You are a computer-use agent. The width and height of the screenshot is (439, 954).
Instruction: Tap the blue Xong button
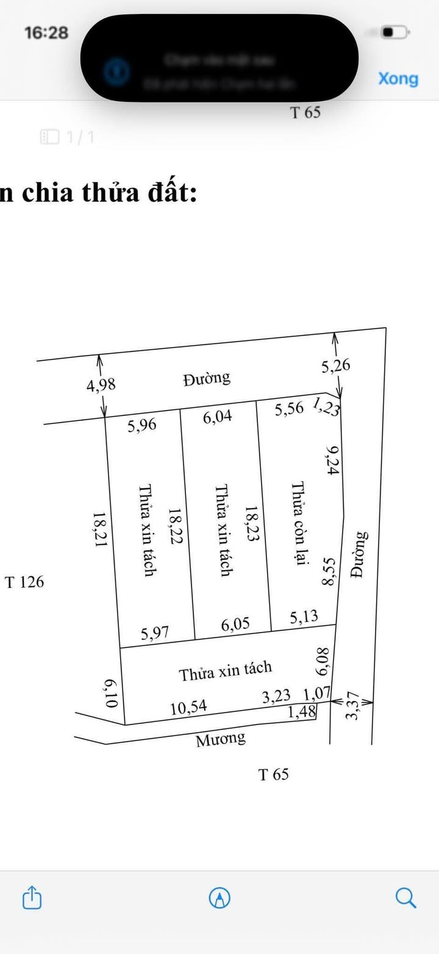tap(398, 79)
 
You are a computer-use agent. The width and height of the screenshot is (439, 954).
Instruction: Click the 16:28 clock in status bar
tap(46, 32)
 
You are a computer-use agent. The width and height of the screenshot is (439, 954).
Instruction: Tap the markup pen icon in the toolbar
tap(220, 897)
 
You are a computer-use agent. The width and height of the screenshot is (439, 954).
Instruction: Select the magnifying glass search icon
tap(405, 897)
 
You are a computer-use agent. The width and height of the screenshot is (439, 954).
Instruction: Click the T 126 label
tap(25, 582)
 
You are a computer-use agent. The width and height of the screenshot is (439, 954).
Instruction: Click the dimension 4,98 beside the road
tap(101, 385)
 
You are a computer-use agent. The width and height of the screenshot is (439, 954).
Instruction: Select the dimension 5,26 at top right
tap(336, 366)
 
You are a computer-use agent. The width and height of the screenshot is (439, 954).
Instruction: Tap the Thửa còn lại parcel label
tap(298, 523)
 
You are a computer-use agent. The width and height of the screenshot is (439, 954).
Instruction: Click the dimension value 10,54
tap(188, 708)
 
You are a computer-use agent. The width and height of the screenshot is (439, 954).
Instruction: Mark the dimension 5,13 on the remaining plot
tap(304, 617)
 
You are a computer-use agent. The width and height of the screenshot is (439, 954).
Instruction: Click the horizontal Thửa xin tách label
tap(225, 671)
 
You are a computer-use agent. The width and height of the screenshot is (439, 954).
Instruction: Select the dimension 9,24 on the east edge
tap(333, 460)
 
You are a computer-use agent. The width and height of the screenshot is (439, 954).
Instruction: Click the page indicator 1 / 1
tap(68, 137)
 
